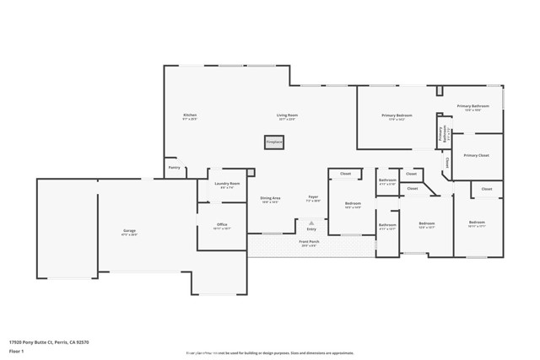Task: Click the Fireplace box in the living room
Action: coord(274,142)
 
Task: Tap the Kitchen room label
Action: coord(190,116)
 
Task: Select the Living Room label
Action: coord(287,116)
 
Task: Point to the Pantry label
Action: coord(175,167)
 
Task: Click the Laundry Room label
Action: coord(228,183)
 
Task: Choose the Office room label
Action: coord(221,224)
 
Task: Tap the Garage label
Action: coord(130,230)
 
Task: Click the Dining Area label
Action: coord(270,198)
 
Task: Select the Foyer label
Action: coord(312,198)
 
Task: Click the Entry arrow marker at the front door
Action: coord(311,223)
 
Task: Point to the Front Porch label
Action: coord(309,242)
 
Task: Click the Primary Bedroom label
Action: coord(397,116)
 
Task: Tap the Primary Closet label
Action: coord(477,155)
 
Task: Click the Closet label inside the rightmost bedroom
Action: coord(487,189)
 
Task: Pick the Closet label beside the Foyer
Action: coord(346,174)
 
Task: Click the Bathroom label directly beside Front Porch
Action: coord(387,224)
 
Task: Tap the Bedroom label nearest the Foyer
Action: coord(353,203)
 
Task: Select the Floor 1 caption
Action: coord(17,351)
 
